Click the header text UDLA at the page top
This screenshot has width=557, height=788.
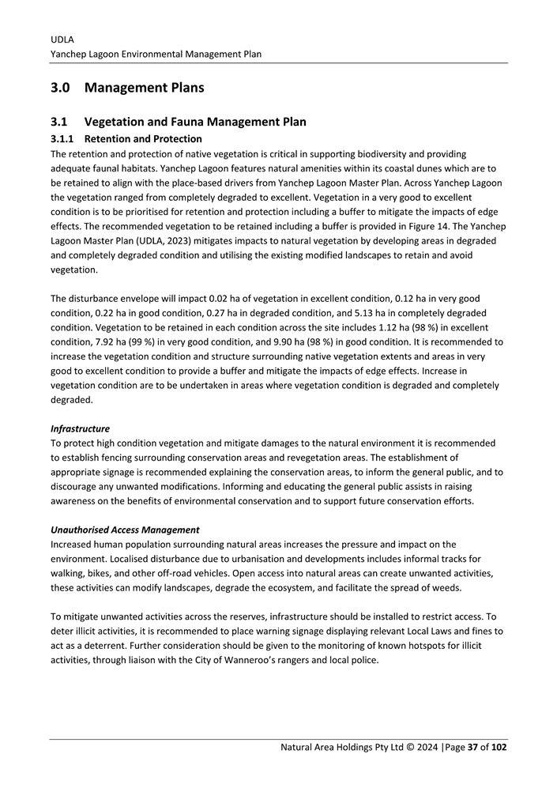tap(61, 38)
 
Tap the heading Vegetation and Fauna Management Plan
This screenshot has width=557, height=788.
tap(194, 123)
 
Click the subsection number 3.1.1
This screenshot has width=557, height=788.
tap(62, 139)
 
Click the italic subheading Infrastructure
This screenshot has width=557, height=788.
tap(79, 428)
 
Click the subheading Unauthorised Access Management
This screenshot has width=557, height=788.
tap(124, 530)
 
